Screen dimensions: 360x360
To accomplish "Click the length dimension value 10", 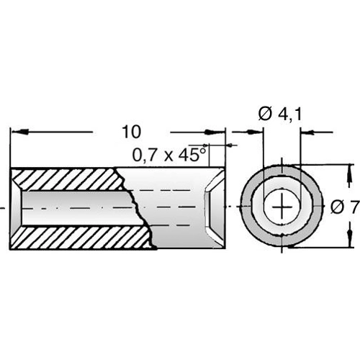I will click(130, 132).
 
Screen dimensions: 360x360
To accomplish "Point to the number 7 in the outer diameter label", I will click(354, 207).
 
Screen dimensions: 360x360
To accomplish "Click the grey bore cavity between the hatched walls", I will click(72, 207).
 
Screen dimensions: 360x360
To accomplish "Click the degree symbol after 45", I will click(204, 148).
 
